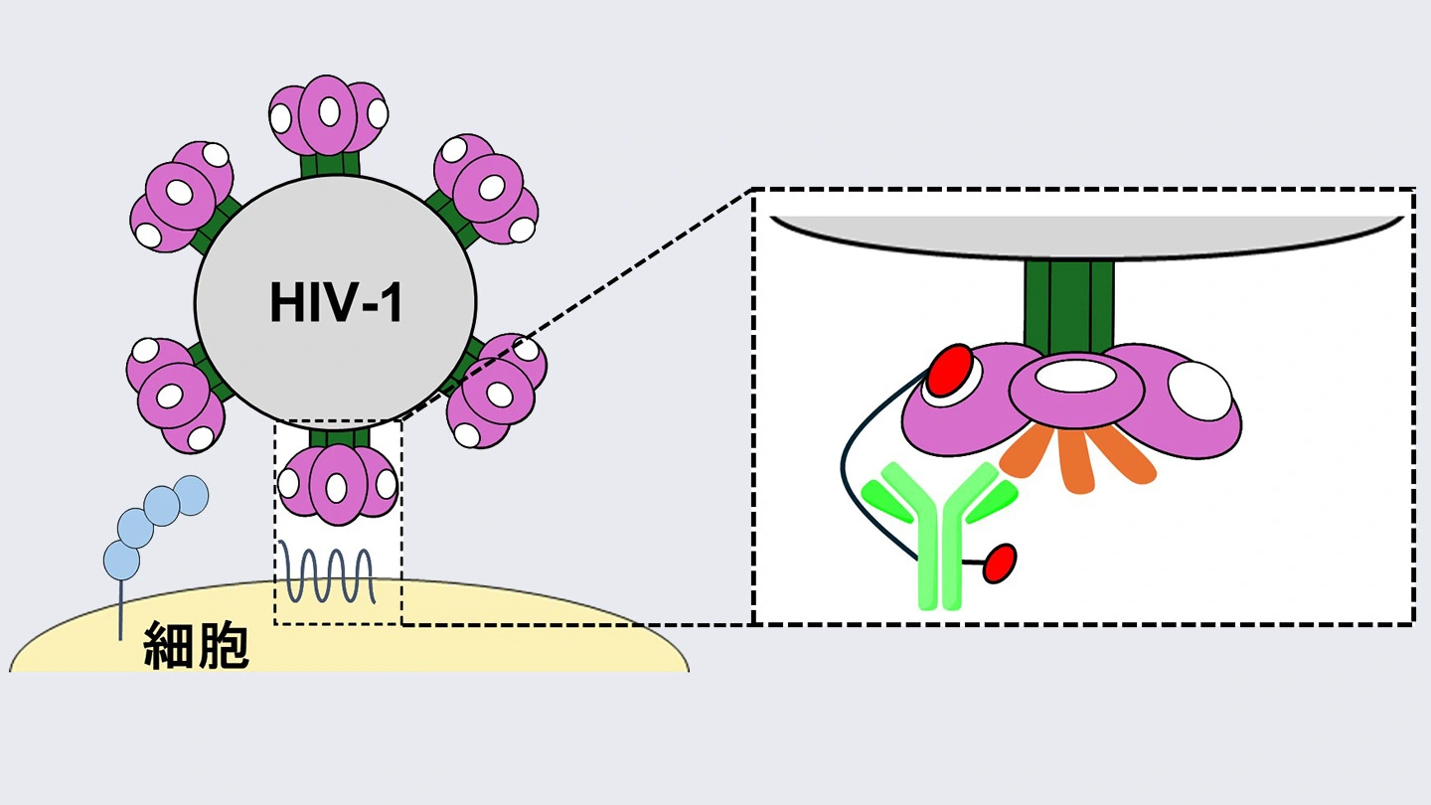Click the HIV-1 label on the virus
click(336, 303)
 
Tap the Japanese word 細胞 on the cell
click(196, 645)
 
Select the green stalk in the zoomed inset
click(1068, 302)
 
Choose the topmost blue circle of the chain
click(190, 493)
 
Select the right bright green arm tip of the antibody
click(992, 503)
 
